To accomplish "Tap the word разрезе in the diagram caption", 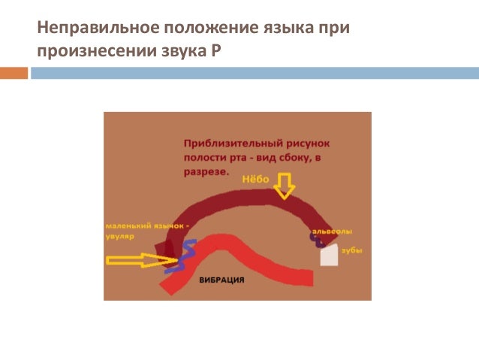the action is point(206,171).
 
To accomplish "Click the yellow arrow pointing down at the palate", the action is point(283,184).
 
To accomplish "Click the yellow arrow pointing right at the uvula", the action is point(136,260).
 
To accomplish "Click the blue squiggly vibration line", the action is point(183,256).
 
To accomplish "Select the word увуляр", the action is point(119,235).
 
